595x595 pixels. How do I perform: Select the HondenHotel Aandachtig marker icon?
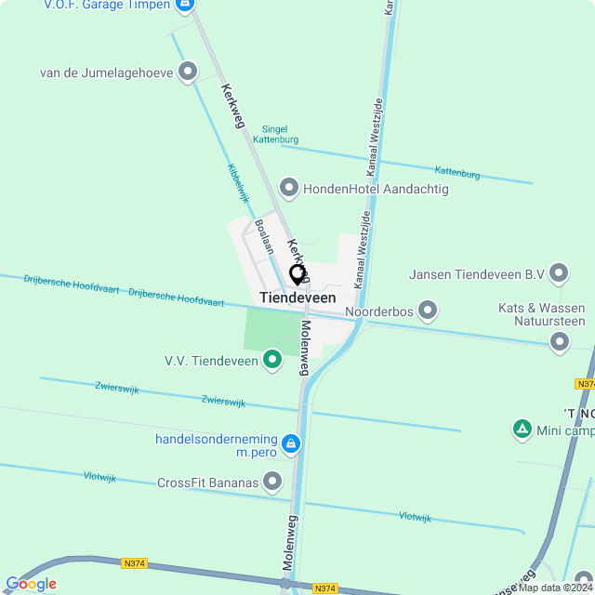[289, 189]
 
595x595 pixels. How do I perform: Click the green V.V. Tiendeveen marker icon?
[272, 359]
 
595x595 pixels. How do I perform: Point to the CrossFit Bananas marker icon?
[272, 482]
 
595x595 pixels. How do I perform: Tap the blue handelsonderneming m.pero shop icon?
[291, 444]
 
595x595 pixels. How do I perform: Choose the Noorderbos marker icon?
[428, 311]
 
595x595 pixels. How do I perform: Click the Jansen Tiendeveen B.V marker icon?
[559, 274]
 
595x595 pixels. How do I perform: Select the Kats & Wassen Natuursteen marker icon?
[559, 342]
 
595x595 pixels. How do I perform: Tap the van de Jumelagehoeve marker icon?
[189, 72]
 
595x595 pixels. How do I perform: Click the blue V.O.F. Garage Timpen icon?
[185, 6]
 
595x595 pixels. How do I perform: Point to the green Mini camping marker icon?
[522, 430]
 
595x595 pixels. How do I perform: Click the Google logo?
[31, 584]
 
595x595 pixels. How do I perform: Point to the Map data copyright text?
[556, 588]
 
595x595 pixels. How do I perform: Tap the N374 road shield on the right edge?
[585, 384]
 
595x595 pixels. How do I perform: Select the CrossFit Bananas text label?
[207, 482]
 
